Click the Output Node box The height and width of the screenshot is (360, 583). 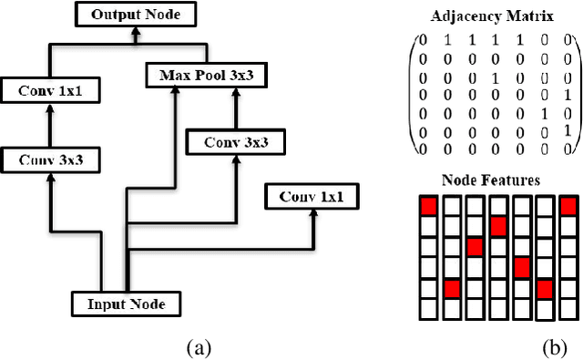[135, 15]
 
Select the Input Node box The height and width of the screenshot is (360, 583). [126, 303]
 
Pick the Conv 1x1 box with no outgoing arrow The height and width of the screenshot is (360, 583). [310, 196]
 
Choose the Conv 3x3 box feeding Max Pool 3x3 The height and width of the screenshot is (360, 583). [234, 142]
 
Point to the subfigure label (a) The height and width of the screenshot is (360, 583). [199, 347]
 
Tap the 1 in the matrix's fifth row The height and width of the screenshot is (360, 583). [544, 115]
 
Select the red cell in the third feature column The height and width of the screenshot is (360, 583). [475, 247]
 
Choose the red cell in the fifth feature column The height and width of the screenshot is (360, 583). [520, 267]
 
